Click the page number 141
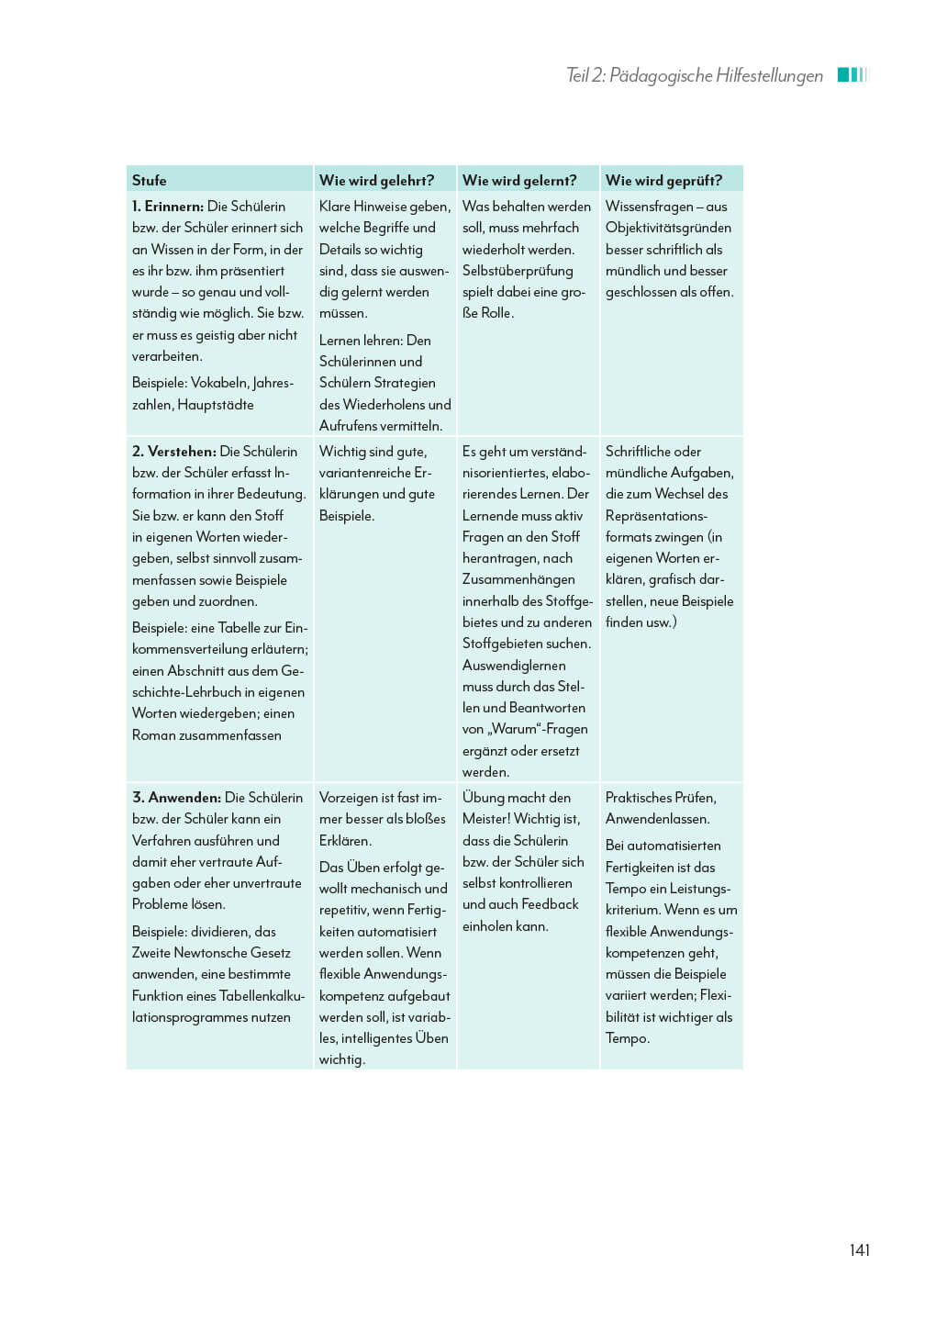(x=859, y=1249)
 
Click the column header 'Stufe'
(x=149, y=180)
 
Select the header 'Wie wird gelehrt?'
(x=376, y=180)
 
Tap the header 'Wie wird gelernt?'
(x=519, y=180)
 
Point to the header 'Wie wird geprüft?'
(x=663, y=180)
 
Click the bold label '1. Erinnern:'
(x=168, y=207)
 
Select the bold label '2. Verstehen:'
(x=174, y=452)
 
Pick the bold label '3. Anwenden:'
(x=176, y=798)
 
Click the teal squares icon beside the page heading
(x=852, y=75)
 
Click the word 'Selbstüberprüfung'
(x=518, y=271)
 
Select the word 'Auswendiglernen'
(x=514, y=666)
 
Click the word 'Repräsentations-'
(x=656, y=516)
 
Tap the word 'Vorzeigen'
(x=348, y=798)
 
